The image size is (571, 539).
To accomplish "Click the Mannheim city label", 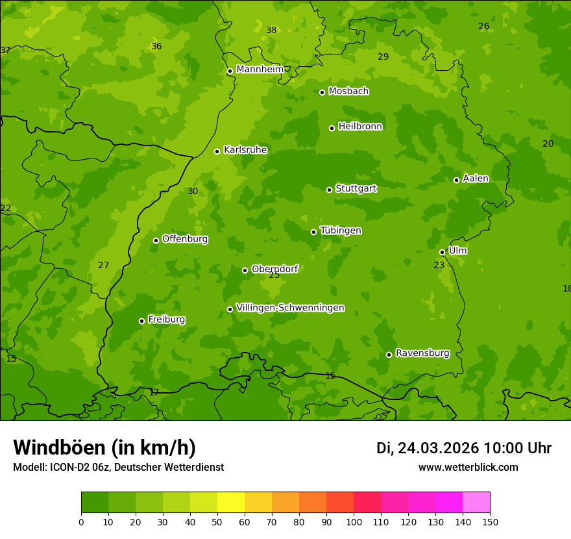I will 260,69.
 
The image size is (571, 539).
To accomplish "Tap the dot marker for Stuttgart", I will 329,190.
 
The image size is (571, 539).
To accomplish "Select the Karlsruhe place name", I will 245,150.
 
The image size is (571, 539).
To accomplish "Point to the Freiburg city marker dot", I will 141,321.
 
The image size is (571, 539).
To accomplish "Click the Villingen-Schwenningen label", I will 290,308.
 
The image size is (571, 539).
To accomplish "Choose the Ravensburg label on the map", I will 422,353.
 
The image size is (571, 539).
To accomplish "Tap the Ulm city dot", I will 442,252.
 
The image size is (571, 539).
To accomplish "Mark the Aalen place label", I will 476,179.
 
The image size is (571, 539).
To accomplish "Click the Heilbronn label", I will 360,127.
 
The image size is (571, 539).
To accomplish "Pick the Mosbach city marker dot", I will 322,92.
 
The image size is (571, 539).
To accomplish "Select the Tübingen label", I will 341,231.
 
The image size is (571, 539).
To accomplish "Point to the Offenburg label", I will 185,239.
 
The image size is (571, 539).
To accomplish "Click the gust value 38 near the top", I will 271,30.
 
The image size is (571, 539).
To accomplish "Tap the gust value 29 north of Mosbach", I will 383,56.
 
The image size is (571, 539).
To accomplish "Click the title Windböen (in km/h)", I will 104,447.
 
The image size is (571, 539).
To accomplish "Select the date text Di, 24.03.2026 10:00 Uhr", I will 463,448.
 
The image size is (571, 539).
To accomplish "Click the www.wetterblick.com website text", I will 468,468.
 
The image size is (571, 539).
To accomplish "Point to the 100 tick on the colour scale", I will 354,521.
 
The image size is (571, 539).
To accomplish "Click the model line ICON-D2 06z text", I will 118,468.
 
